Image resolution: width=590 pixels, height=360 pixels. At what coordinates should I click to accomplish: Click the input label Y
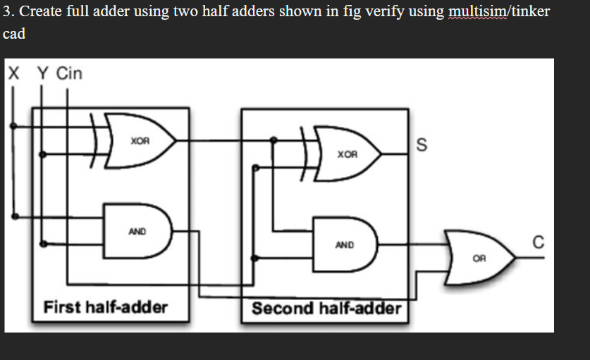pyautogui.click(x=42, y=73)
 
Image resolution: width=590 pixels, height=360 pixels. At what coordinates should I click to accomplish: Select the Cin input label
pyautogui.click(x=69, y=73)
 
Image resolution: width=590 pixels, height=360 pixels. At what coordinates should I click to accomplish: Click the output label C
pyautogui.click(x=539, y=244)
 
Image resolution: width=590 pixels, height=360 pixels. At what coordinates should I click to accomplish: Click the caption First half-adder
pyautogui.click(x=106, y=307)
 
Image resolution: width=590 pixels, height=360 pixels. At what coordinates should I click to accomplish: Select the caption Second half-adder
pyautogui.click(x=326, y=309)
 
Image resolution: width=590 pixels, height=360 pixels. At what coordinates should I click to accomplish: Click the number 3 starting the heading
pyautogui.click(x=6, y=12)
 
